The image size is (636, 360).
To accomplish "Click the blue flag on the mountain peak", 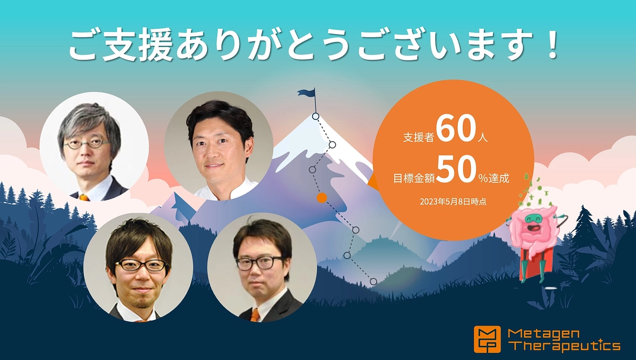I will (x=307, y=93).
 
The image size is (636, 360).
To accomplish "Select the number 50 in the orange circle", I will (x=455, y=172).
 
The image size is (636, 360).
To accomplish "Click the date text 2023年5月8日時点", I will (x=452, y=202).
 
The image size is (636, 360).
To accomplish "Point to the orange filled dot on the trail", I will (x=321, y=198).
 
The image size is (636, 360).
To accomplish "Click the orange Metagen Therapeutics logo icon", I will (x=487, y=339).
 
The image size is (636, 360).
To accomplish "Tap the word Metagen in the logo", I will (x=536, y=333).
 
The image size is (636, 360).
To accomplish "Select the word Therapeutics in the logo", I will (x=565, y=346).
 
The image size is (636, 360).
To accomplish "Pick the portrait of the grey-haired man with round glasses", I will (x=94, y=146).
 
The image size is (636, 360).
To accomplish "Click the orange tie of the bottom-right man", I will (x=255, y=315).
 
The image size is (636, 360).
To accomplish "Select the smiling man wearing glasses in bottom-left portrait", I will (x=138, y=269).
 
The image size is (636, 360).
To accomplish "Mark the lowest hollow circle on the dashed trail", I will (x=373, y=281).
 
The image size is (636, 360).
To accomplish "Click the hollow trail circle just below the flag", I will (x=315, y=116).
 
